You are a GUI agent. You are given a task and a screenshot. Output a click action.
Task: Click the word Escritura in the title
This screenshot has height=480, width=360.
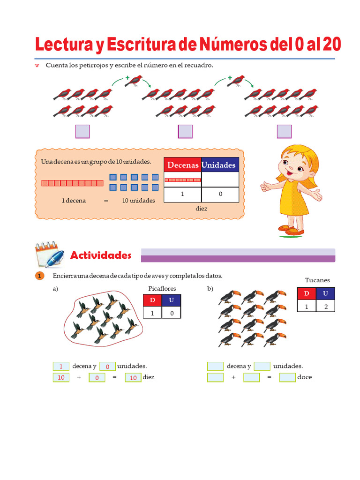point(141,45)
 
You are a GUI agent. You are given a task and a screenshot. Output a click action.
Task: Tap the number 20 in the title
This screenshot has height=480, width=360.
point(332,45)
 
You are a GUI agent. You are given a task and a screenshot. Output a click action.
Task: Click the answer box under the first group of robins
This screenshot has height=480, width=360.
point(82,131)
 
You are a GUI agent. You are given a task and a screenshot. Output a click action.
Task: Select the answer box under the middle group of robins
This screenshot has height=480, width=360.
point(185,131)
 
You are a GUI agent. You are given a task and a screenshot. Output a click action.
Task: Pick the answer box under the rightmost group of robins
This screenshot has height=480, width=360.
point(284,131)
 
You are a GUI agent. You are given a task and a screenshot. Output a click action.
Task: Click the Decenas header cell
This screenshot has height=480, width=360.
point(183,165)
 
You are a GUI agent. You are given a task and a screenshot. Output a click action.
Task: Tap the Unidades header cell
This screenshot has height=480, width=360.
point(220,165)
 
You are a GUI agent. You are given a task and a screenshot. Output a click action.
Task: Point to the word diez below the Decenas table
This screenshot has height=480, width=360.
point(202,209)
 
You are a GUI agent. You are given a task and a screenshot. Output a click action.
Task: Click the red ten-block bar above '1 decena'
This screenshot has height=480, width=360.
point(73,183)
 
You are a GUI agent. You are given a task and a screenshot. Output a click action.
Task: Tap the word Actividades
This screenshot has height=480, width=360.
point(101,255)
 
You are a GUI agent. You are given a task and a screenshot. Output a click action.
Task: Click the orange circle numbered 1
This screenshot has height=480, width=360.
point(39,276)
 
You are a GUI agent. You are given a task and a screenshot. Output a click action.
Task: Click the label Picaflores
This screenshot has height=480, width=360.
point(162,288)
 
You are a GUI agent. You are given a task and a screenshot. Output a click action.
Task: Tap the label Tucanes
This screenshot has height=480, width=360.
point(317,280)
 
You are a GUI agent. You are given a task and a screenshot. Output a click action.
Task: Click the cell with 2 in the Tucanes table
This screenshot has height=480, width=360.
point(325,306)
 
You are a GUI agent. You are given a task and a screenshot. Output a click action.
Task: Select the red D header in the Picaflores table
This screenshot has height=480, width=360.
point(152,300)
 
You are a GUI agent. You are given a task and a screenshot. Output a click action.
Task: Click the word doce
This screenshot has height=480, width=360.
point(305,377)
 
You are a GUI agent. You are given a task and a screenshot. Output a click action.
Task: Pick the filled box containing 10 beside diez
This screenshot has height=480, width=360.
point(133,377)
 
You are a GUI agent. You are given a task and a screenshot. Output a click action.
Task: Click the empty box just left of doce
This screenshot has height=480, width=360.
point(287,377)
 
